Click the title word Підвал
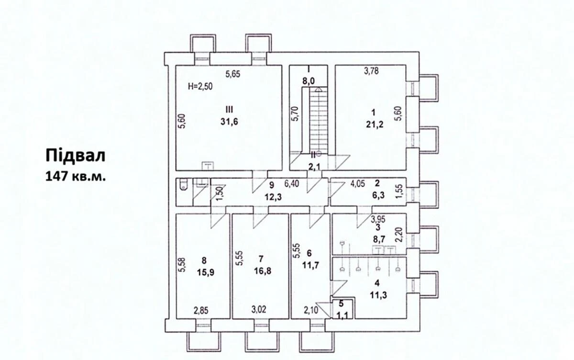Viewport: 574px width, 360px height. pos(75,156)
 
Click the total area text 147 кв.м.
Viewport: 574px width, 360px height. pos(76,176)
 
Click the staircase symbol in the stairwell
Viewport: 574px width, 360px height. pos(318,120)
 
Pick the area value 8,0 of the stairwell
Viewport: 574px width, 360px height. pos(308,82)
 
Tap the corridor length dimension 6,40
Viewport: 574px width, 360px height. pos(293,183)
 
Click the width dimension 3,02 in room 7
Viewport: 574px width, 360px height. pos(259,310)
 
